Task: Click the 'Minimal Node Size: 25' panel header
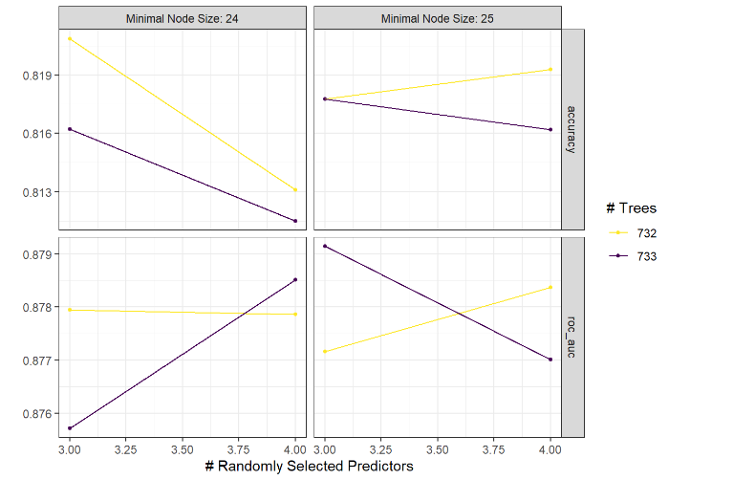click(437, 17)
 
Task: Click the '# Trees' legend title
click(631, 207)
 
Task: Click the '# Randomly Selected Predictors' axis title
click(310, 466)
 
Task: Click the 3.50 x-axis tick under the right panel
click(438, 447)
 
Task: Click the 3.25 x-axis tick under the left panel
click(126, 447)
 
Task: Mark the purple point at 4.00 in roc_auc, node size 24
click(295, 279)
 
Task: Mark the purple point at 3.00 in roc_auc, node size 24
click(70, 427)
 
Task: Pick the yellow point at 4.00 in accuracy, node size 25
click(550, 69)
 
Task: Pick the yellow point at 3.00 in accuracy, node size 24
click(70, 38)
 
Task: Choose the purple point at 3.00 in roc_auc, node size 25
click(325, 246)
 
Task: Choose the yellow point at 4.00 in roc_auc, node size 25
click(550, 287)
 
